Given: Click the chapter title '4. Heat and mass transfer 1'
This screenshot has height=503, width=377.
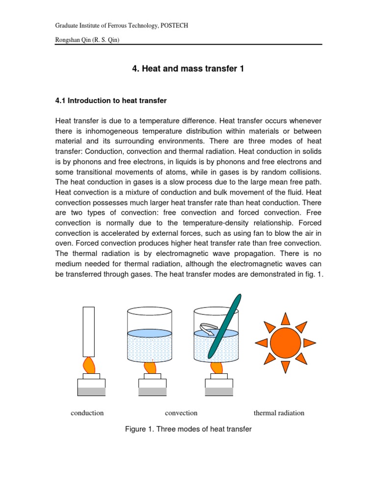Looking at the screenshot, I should coord(188,69).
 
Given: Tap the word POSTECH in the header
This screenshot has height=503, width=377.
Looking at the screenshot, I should coord(173,26).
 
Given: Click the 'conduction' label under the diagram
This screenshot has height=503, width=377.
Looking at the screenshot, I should coord(87,413).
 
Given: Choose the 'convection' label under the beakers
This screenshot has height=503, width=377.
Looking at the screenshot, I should coord(181,413).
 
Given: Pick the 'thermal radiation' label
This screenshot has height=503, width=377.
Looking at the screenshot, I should coord(279,413).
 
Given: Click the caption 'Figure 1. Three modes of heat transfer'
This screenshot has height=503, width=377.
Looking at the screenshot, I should coord(188,429).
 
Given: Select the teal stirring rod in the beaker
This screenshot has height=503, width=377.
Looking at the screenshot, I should coord(225,326).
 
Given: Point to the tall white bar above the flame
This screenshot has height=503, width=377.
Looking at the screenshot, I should coord(89,331).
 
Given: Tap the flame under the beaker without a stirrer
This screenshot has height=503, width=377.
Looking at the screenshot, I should coord(149,366).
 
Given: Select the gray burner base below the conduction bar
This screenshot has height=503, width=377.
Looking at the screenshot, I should coord(91,391).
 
